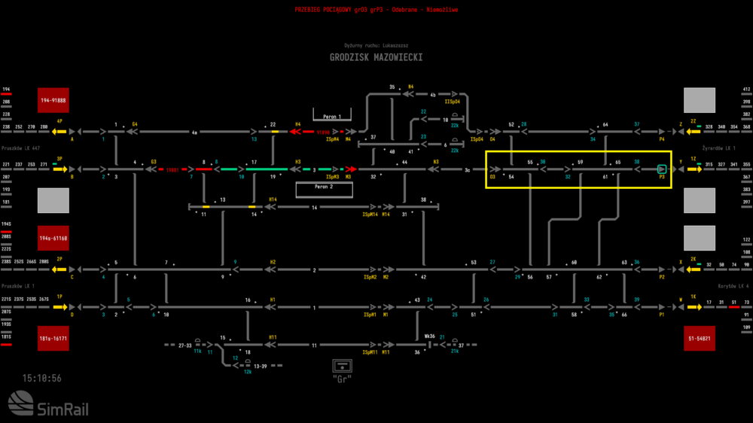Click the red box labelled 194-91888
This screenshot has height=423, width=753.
point(53,100)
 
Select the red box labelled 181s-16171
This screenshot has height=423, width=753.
point(53,339)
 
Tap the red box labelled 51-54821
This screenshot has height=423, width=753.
point(699,339)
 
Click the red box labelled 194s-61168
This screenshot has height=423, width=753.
point(53,238)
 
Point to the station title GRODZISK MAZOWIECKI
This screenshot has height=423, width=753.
point(376,57)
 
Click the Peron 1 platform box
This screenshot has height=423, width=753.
point(332,117)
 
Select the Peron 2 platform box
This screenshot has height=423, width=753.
point(324,187)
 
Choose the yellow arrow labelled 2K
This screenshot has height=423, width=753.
point(693,269)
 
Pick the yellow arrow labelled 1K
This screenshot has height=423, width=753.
point(693,307)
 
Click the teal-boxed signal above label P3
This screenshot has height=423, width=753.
point(662,169)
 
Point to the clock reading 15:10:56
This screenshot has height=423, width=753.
point(42,378)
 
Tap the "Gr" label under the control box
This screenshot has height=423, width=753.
point(342,379)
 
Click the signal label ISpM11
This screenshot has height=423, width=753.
point(369,352)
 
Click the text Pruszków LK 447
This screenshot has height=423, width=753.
point(20,148)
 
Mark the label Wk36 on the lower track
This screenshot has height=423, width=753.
point(429,336)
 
